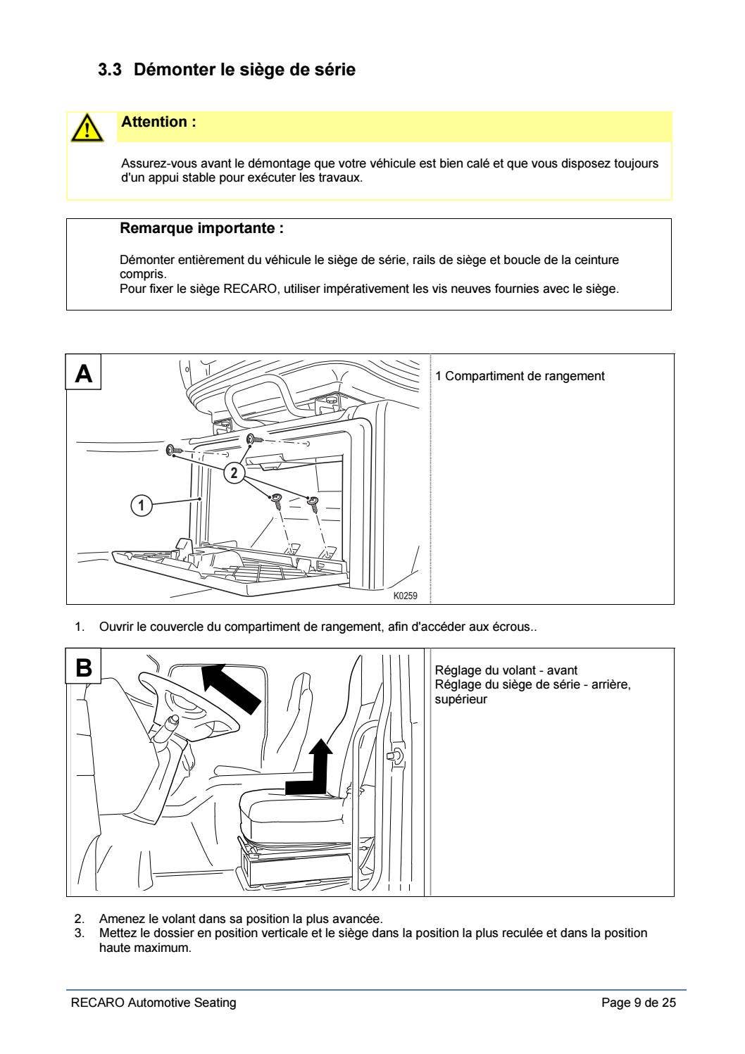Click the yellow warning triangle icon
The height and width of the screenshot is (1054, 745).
tap(84, 128)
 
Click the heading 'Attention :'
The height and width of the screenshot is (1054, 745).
tap(158, 122)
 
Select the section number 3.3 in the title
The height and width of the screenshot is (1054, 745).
tap(110, 70)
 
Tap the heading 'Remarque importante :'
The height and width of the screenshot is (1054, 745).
tap(201, 229)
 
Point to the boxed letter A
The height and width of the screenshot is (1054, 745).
tap(84, 372)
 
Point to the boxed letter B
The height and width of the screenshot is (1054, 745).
tap(84, 667)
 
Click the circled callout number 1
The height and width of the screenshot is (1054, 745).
tap(142, 506)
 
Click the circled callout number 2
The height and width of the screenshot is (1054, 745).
tap(234, 472)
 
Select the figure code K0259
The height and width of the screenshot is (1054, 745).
tap(405, 596)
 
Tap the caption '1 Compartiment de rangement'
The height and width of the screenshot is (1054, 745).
tap(520, 376)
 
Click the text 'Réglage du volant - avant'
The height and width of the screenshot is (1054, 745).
tap(506, 670)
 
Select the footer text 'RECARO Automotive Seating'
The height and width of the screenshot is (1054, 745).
tap(154, 1003)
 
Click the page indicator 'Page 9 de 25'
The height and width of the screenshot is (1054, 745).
tap(638, 1003)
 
